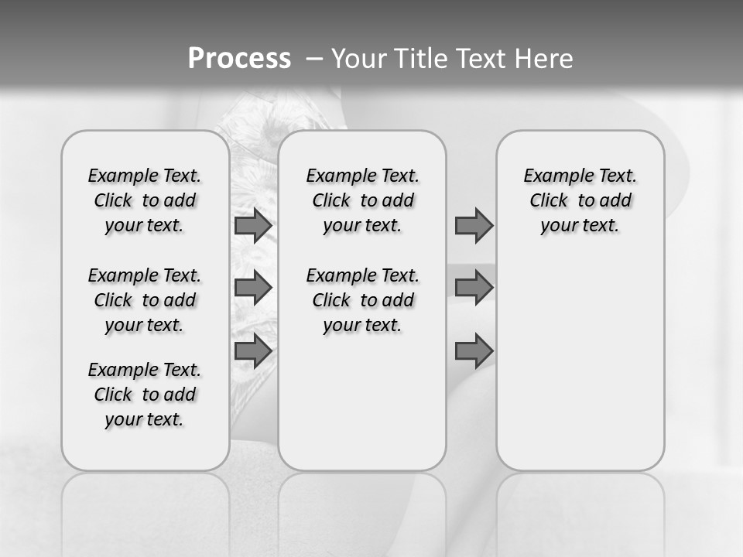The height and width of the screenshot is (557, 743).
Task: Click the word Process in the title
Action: coord(239,59)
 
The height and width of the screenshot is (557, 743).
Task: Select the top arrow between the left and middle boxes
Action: coord(252,225)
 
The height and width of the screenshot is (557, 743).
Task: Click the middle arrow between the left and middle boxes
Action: coord(252,288)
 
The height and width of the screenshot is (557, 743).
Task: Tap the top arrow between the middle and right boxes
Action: coord(474,225)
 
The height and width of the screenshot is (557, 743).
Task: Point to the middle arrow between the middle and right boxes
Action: coord(474,288)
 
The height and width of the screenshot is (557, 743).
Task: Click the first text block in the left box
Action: coord(145,200)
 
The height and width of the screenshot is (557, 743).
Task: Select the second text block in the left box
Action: coord(145,300)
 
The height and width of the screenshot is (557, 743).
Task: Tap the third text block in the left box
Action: coord(145,395)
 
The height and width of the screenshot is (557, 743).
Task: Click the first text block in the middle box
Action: coord(362,200)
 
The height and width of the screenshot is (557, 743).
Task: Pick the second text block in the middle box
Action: coord(362,300)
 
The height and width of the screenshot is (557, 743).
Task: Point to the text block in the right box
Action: coord(580,200)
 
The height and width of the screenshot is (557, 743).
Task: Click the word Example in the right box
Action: coord(553,176)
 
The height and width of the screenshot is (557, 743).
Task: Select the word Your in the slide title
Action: coord(358,59)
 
